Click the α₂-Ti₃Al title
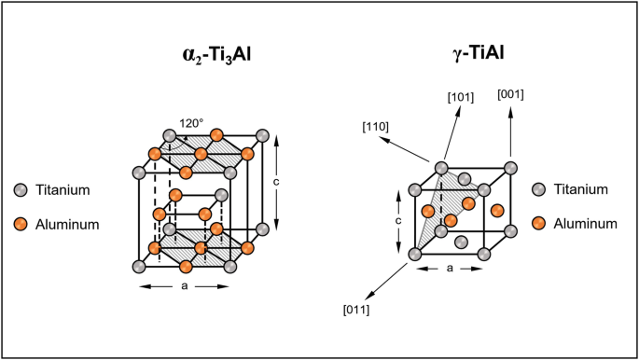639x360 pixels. (x=216, y=55)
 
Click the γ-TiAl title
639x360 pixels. (x=478, y=53)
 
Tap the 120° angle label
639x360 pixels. (x=191, y=123)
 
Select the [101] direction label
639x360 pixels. (x=461, y=98)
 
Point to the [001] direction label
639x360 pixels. (x=510, y=94)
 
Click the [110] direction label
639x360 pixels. (x=375, y=127)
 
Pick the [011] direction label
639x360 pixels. (x=355, y=310)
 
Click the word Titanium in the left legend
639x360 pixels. (x=63, y=190)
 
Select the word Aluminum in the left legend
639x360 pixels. (x=67, y=225)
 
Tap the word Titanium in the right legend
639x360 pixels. (x=580, y=189)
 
